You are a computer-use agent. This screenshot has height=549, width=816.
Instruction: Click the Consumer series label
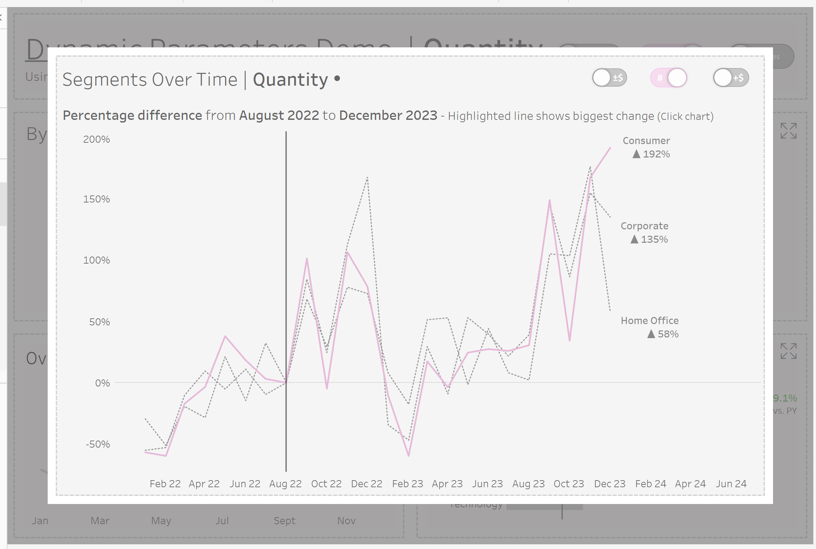(646, 141)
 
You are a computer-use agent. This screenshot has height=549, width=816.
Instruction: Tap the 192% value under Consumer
(656, 154)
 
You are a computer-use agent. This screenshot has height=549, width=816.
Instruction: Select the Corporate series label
(644, 226)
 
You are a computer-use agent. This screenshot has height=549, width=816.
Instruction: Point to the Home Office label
(649, 321)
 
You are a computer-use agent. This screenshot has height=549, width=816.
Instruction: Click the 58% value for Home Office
(668, 334)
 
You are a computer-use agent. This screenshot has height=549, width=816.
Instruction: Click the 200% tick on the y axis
(96, 139)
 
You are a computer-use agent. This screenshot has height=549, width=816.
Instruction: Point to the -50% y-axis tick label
(98, 444)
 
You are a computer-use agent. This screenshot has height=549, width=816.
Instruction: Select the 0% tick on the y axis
(102, 383)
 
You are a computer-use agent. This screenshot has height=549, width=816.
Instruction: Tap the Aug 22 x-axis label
(285, 484)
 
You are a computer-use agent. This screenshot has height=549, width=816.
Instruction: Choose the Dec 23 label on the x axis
(609, 484)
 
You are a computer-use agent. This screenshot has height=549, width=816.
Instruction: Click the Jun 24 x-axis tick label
(731, 484)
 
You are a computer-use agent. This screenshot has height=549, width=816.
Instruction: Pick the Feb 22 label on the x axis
(165, 484)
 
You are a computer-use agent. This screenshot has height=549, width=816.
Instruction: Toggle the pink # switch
(668, 78)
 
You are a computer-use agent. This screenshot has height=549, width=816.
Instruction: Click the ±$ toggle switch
(609, 78)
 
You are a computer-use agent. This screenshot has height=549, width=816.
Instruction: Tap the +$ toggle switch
(731, 78)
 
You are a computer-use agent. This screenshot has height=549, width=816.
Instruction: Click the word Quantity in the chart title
(290, 80)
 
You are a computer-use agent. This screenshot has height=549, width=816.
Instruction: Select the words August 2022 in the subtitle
(279, 116)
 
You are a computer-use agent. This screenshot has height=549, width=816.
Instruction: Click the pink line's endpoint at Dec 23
(610, 148)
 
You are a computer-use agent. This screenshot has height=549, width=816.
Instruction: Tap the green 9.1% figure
(784, 399)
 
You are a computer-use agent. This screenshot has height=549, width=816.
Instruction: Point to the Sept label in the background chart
(284, 521)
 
